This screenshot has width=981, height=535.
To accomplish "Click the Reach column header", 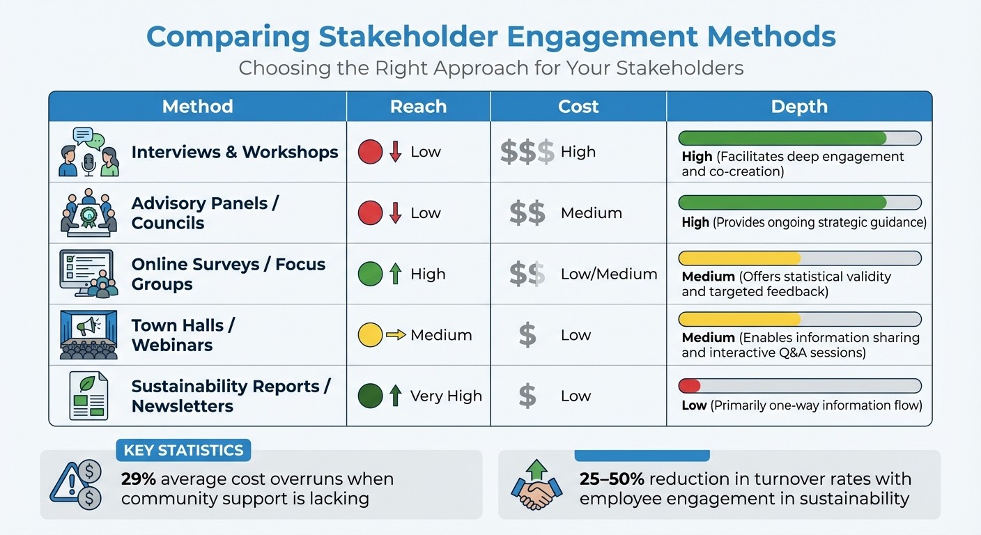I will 418,107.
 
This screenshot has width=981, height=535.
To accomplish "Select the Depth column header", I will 798,107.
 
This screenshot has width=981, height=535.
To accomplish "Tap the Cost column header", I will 578,107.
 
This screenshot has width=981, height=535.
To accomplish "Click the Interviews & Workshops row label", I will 235,152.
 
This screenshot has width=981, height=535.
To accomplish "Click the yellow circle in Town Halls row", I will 370,335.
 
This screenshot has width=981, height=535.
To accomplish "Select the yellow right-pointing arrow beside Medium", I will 396,335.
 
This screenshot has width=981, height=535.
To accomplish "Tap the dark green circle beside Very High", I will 370,396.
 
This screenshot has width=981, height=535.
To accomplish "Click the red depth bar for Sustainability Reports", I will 689,386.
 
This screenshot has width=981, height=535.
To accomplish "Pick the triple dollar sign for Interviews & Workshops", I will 527,152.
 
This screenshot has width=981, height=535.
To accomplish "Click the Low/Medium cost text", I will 608,274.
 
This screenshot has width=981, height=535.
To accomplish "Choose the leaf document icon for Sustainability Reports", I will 88,396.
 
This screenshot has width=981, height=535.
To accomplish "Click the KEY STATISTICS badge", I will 183,450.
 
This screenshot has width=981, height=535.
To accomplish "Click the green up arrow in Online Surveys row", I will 396,274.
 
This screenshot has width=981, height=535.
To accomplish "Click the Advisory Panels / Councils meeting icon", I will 88,212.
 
